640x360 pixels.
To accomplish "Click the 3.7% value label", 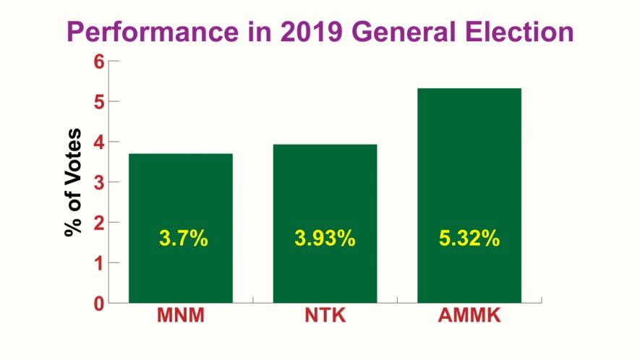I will point(183,239).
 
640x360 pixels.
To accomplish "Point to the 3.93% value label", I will point(325,239).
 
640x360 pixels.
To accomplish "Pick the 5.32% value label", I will point(469,239).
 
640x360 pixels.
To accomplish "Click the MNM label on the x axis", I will point(181,316).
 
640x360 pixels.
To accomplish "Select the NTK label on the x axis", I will point(325,316).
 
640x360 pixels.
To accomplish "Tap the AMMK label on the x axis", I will point(469,316).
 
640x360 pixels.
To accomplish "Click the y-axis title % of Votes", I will point(73,182).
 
